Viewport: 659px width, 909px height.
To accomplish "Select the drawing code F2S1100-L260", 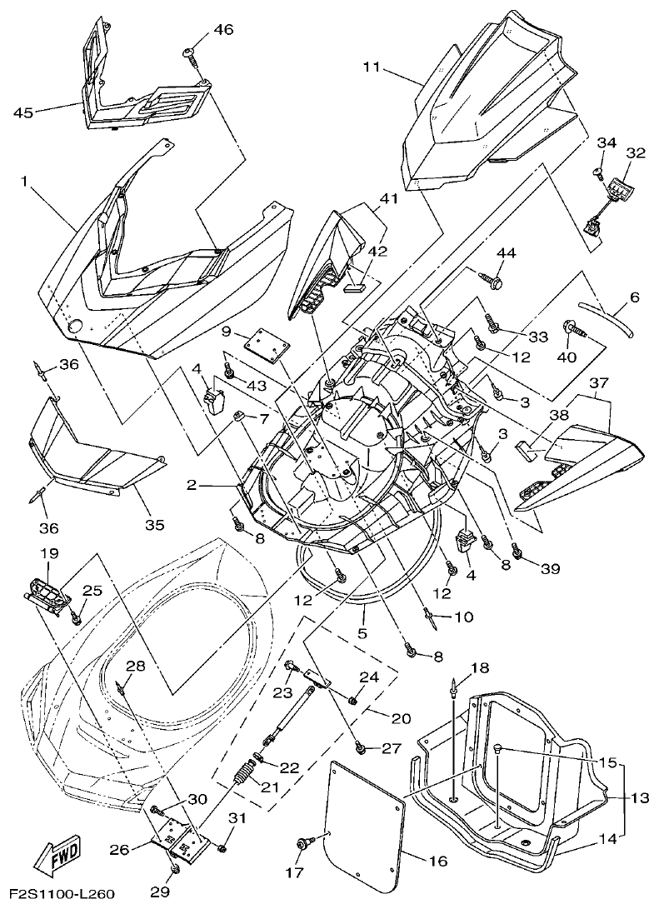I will (57, 895).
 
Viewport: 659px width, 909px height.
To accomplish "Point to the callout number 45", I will (24, 112).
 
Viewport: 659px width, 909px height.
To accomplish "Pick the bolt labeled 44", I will (491, 285).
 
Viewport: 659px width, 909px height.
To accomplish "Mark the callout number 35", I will (154, 525).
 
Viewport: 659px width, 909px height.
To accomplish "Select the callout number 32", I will (636, 153).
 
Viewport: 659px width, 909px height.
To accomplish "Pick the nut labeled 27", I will (360, 747).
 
